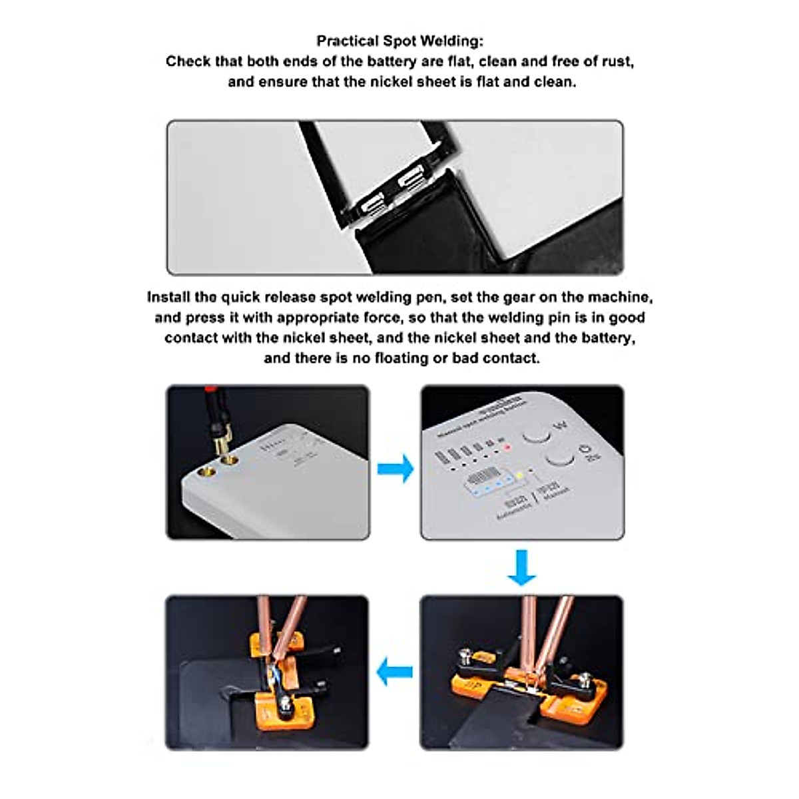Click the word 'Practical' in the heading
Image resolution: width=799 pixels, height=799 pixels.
(348, 41)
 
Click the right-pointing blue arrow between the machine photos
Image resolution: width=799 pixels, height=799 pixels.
(396, 469)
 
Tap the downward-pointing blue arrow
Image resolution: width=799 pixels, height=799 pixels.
(521, 567)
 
